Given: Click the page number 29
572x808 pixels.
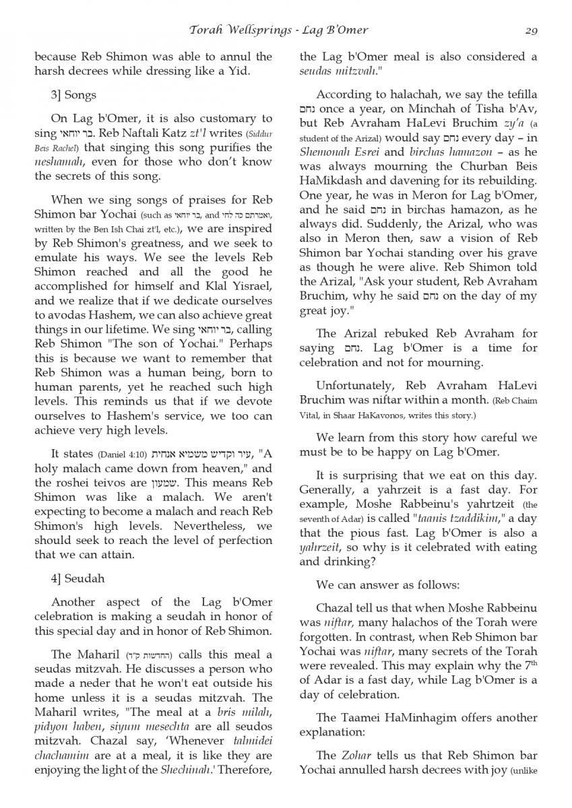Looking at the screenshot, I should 530,30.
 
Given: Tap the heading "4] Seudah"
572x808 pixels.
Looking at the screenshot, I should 77,578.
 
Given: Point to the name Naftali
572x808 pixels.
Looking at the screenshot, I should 143,133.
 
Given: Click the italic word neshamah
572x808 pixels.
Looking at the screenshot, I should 63,162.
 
